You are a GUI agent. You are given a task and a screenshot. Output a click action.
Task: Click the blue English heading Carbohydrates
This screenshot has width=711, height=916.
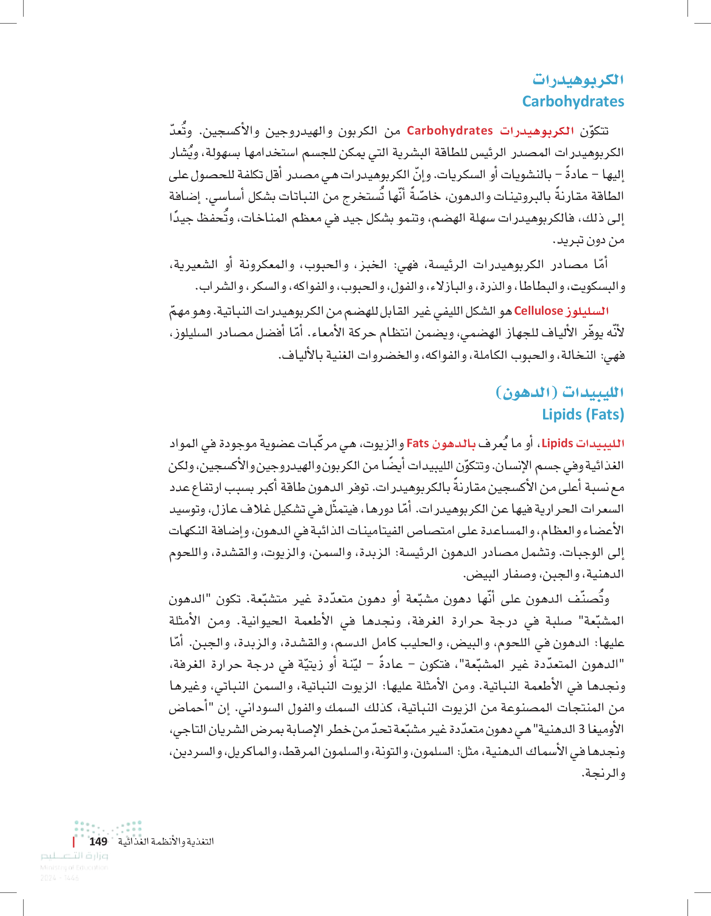[573, 102]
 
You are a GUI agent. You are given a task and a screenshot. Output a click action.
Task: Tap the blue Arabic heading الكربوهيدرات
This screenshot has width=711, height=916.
[578, 79]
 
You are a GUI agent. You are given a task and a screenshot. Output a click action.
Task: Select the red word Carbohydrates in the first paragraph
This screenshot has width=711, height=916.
[449, 131]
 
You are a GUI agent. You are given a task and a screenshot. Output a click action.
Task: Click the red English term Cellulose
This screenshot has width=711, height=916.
[538, 311]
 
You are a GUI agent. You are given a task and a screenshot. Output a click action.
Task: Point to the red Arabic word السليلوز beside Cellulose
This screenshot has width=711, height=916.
[587, 311]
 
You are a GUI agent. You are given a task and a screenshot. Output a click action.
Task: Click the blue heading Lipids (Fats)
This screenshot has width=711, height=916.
[583, 414]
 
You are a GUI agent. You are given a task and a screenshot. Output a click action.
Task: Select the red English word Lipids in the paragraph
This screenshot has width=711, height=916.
[557, 443]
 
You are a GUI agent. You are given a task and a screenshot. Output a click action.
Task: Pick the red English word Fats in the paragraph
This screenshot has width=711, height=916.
[418, 443]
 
